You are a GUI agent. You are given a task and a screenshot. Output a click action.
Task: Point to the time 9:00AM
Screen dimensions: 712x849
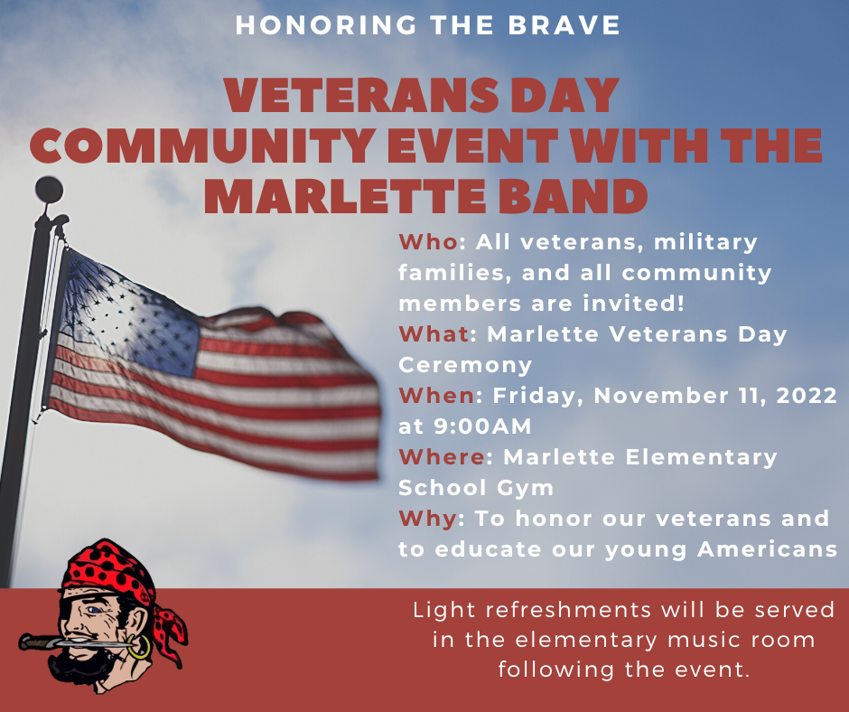[x=480, y=426]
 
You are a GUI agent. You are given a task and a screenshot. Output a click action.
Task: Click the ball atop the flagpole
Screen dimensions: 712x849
[x=49, y=190]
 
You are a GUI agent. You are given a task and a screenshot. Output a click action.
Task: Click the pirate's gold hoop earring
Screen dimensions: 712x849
[x=140, y=647]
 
